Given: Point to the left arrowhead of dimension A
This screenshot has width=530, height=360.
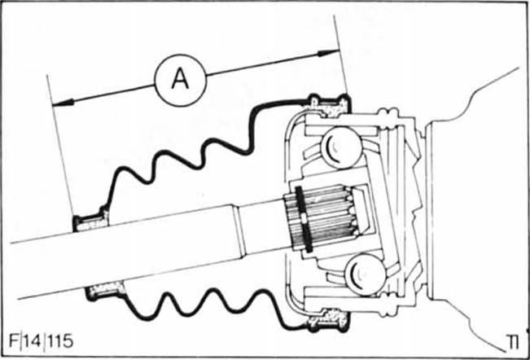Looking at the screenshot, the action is pyautogui.click(x=56, y=103).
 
